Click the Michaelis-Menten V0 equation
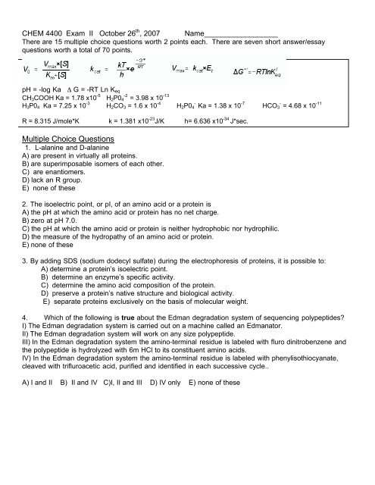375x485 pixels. pos(45,73)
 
